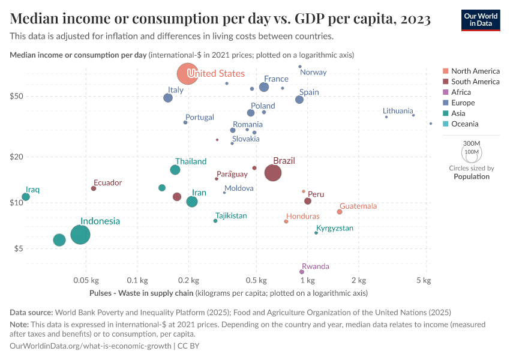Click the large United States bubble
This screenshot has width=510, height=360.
tap(187, 74)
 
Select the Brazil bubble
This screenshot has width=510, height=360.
tap(273, 173)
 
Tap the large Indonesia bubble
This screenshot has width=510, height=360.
tap(80, 235)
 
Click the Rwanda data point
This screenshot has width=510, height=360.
tap(302, 272)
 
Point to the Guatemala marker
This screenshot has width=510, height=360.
tap(340, 212)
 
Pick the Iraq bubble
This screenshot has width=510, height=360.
tap(26, 197)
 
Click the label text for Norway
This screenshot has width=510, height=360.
tap(313, 72)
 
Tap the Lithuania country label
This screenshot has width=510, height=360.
tap(398, 111)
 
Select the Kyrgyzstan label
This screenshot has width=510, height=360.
tap(335, 228)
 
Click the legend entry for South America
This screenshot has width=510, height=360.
tap(475, 82)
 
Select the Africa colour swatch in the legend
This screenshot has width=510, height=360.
tap(445, 92)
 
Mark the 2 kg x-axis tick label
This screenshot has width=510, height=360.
tap(359, 280)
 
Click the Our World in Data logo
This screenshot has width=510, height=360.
tap(481, 20)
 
